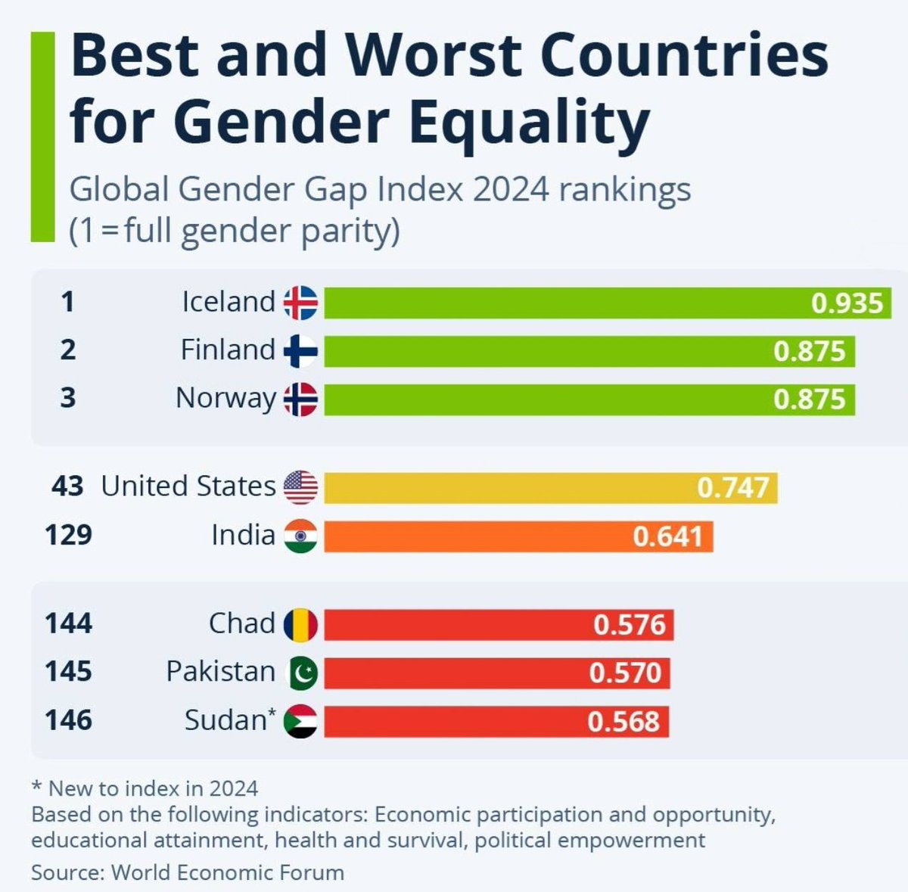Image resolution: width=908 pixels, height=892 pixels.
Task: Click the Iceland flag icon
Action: pos(300,303)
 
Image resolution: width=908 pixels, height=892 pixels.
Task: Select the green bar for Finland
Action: pos(589,352)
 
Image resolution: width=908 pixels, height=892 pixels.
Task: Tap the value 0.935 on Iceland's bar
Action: pos(847,303)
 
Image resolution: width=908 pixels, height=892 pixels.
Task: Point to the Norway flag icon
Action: pos(300,399)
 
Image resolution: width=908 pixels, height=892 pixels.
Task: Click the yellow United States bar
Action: pos(550,488)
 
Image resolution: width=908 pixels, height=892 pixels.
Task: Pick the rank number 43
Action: pos(67,486)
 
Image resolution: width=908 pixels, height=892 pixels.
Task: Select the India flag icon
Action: pos(300,536)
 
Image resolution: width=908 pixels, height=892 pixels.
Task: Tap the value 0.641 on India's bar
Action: pos(667,536)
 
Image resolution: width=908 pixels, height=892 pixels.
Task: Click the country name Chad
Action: pos(241,623)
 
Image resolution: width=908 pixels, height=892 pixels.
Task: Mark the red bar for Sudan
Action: pos(496,722)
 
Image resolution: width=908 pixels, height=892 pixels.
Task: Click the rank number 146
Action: pos(68,720)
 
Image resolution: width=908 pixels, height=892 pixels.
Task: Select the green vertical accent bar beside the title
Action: pos(42,136)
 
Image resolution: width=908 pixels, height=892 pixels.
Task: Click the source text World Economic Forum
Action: pos(227,872)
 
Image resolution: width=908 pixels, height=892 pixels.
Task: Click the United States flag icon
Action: pos(300,487)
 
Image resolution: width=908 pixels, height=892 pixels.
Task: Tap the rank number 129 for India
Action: pos(68,535)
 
